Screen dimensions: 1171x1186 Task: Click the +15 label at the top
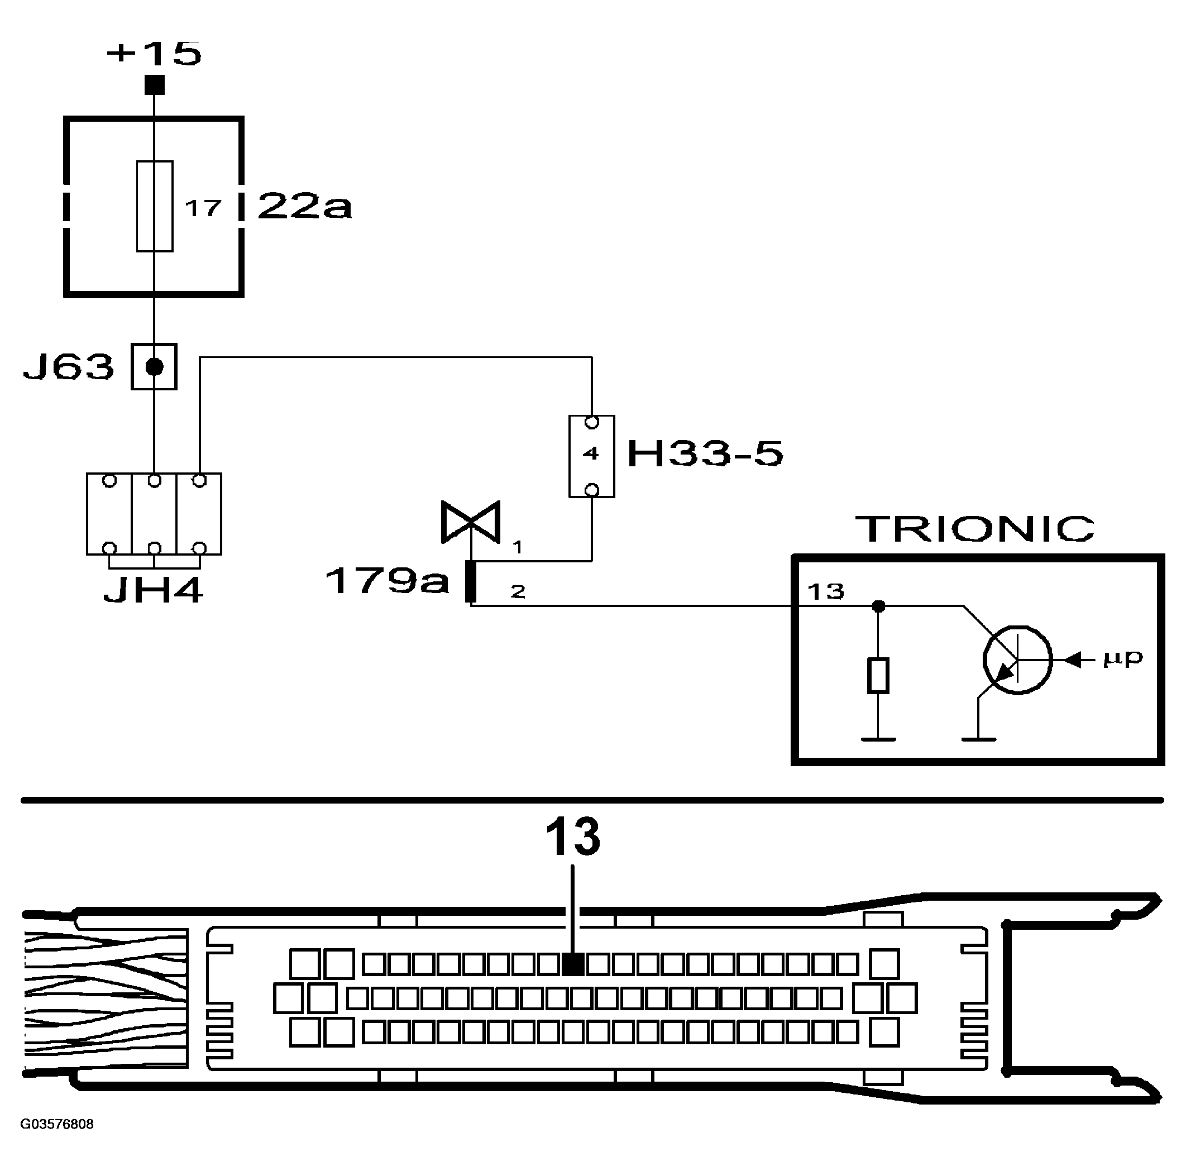[x=154, y=54]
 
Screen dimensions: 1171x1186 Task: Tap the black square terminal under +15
[x=154, y=85]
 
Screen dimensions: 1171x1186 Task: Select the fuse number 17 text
[x=203, y=209]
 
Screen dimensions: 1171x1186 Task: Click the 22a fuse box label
[x=304, y=205]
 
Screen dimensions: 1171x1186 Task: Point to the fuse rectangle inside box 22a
[x=155, y=206]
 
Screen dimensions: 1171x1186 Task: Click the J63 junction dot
[x=154, y=366]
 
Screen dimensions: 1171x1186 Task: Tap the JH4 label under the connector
[x=153, y=591]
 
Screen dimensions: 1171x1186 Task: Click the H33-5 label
[x=705, y=454]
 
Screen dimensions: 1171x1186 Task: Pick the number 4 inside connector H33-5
[x=591, y=454]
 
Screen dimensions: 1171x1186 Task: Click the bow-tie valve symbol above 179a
[x=471, y=523]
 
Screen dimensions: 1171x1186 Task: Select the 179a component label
[x=387, y=580]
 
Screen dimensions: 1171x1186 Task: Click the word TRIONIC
[x=975, y=529]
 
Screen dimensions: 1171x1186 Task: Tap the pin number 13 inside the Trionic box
[x=826, y=591]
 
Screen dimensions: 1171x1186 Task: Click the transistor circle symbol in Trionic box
[x=1017, y=660]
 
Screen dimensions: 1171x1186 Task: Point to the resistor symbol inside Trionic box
[x=878, y=676]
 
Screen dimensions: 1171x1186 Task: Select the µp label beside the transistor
[x=1123, y=658]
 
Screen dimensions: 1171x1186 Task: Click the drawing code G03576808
[x=57, y=1124]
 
